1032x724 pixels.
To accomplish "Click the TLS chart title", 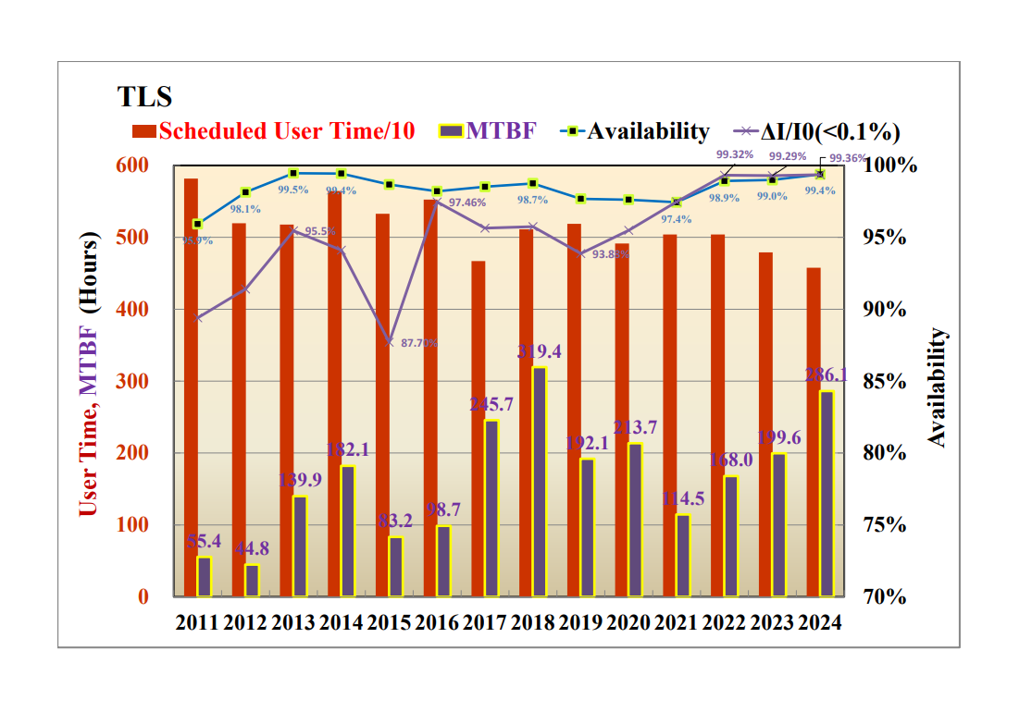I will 144,97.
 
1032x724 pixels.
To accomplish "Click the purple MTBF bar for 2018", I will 538,482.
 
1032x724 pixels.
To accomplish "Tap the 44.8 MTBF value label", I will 252,547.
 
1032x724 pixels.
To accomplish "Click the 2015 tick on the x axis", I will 389,622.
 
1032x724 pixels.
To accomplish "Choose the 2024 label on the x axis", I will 818,622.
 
